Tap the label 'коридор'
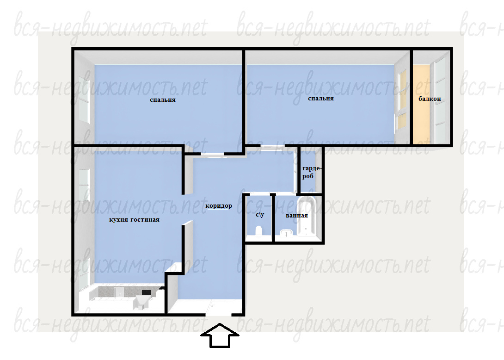219,206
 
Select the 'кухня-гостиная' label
135,220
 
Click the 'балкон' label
430,99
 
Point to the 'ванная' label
297,216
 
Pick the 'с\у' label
260,214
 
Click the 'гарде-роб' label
312,172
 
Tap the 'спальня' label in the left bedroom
163,100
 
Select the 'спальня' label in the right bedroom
321,99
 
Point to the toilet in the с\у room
259,231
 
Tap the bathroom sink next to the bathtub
286,233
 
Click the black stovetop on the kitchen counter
146,292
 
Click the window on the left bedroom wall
84,96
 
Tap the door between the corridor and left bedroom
212,155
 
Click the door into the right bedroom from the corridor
272,147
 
